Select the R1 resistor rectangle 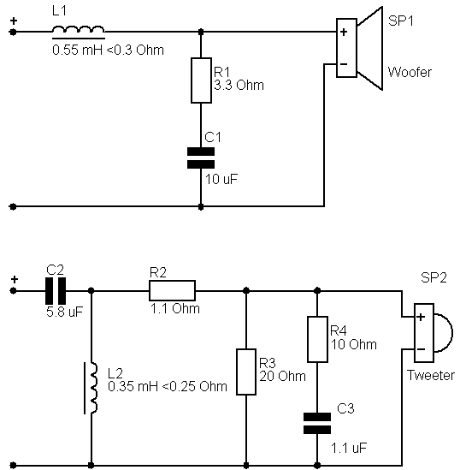click(201, 80)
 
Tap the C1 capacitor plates click(201, 158)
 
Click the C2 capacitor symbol click(56, 291)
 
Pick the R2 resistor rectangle click(172, 290)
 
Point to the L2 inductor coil click(91, 388)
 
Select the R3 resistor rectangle click(246, 372)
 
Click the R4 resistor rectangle click(317, 339)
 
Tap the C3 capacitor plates click(317, 423)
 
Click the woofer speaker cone click(370, 48)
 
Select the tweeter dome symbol click(443, 333)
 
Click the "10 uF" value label click(221, 179)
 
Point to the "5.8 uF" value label click(64, 312)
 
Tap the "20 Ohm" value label click(282, 376)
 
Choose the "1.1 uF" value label click(349, 448)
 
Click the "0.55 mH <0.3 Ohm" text click(108, 50)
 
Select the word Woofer click(410, 72)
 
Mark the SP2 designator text click(433, 277)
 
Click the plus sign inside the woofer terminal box click(344, 32)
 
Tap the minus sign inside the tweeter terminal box click(421, 349)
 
